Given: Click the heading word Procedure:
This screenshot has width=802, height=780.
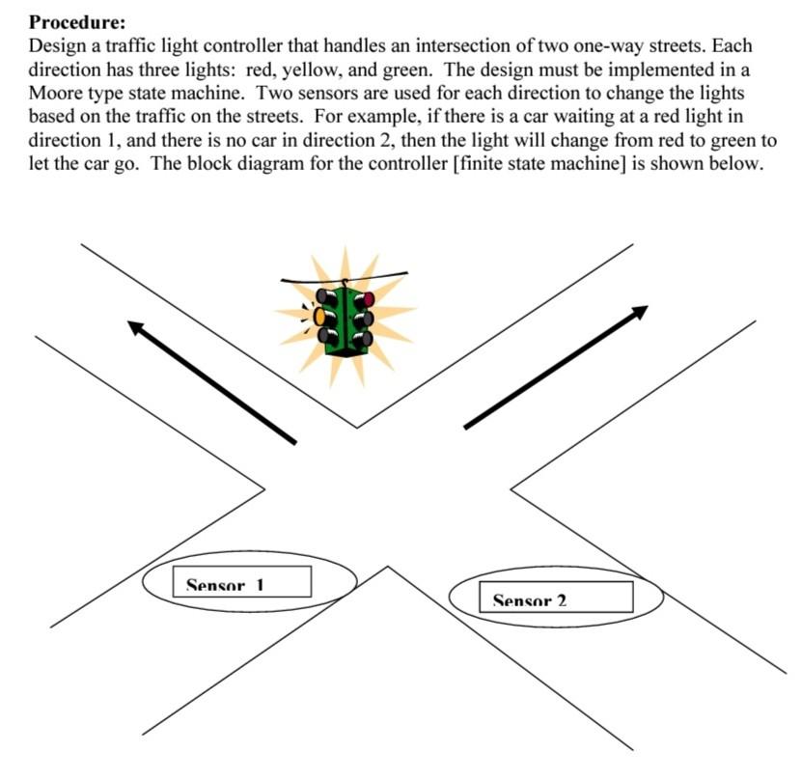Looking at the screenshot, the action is click(x=76, y=22).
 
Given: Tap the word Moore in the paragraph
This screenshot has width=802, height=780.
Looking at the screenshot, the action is click(x=54, y=93).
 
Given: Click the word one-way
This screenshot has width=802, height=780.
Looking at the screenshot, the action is click(x=608, y=45).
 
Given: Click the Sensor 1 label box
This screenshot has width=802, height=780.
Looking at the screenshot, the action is click(x=242, y=581).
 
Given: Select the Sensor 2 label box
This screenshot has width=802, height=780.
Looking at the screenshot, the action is click(x=556, y=597).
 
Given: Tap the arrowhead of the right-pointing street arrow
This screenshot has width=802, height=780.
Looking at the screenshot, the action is click(x=639, y=312).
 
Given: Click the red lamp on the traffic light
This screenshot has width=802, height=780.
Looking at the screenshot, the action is click(x=368, y=299).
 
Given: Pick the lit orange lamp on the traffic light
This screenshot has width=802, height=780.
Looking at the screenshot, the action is click(x=319, y=317).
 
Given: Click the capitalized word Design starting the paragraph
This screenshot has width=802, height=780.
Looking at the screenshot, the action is click(x=57, y=46).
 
